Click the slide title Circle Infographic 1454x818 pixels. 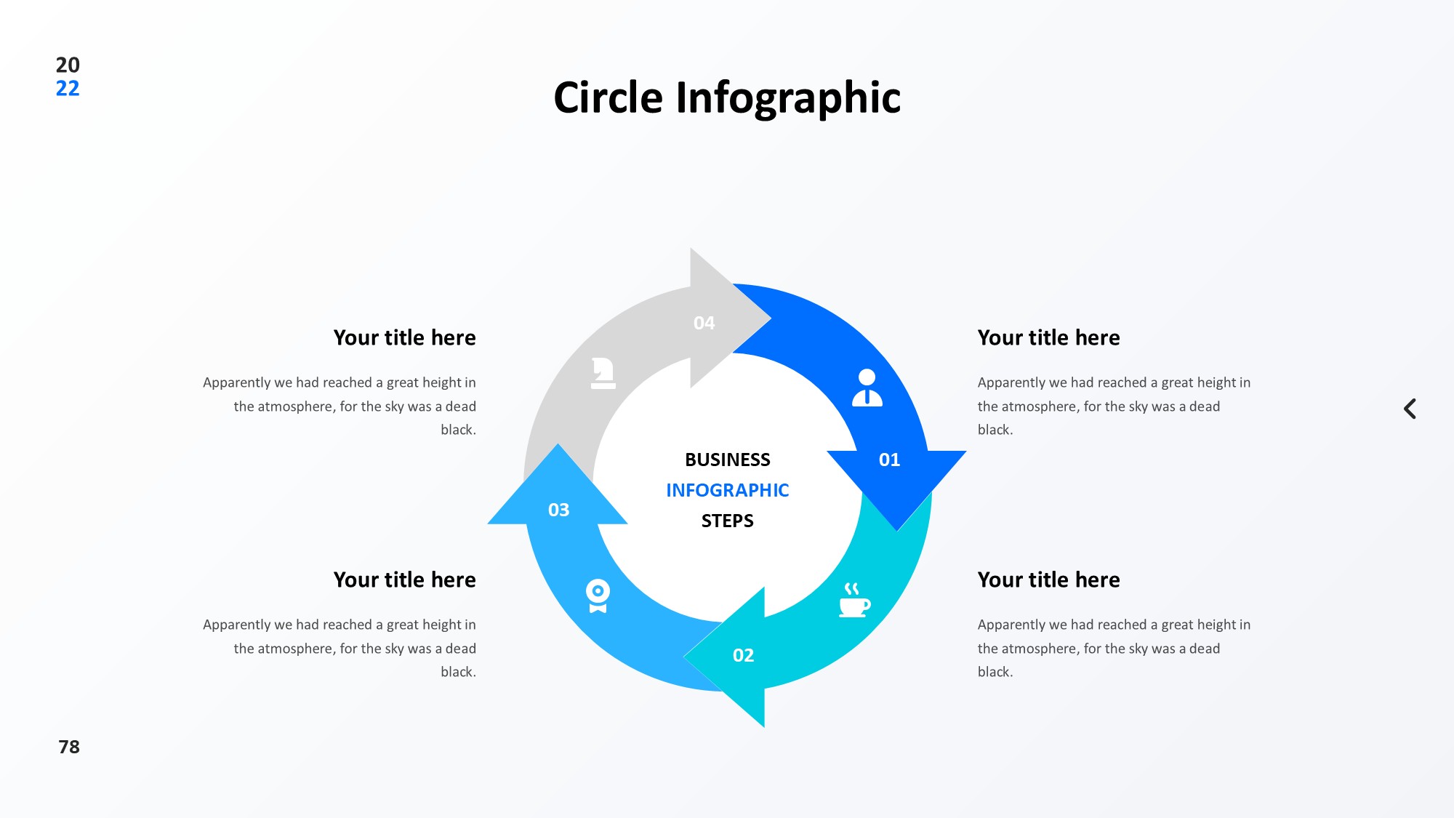pyautogui.click(x=727, y=97)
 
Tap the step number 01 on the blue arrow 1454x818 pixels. pyautogui.click(x=889, y=460)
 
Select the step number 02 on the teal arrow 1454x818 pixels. pyautogui.click(x=743, y=655)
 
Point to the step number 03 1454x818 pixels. pyautogui.click(x=558, y=510)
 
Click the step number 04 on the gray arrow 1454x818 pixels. pyautogui.click(x=704, y=323)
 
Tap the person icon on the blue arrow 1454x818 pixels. pyautogui.click(x=867, y=388)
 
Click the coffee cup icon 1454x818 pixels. pyautogui.click(x=853, y=601)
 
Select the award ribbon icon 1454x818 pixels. pyautogui.click(x=598, y=596)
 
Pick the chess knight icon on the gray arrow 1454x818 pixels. pyautogui.click(x=603, y=373)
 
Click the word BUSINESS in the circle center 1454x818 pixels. pyautogui.click(x=727, y=460)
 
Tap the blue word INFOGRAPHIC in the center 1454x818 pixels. pyautogui.click(x=727, y=490)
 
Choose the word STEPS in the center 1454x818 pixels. pyautogui.click(x=727, y=521)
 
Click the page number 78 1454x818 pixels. pyautogui.click(x=69, y=747)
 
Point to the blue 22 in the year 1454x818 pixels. pyautogui.click(x=68, y=89)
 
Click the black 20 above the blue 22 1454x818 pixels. pyautogui.click(x=68, y=65)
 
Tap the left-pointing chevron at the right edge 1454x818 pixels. pyautogui.click(x=1410, y=409)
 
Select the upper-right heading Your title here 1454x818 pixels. pyautogui.click(x=1048, y=337)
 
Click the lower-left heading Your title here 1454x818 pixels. pyautogui.click(x=404, y=580)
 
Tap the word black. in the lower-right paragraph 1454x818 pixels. pyautogui.click(x=995, y=672)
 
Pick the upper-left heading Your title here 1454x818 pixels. pyautogui.click(x=404, y=337)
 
